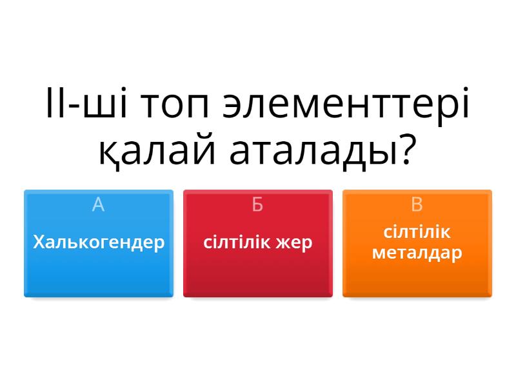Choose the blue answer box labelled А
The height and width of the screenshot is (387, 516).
[99, 244]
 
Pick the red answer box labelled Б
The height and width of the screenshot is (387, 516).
[258, 244]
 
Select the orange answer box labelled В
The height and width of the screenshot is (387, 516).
[417, 244]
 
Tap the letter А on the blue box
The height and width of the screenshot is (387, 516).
[99, 204]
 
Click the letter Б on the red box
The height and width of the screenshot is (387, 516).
[257, 204]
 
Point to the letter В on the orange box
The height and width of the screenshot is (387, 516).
[417, 204]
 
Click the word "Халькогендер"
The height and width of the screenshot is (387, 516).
[99, 243]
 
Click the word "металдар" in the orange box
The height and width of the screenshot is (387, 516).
[417, 254]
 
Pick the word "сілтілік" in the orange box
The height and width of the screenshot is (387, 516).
[417, 232]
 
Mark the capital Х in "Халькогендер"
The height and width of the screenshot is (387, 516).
[39, 243]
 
